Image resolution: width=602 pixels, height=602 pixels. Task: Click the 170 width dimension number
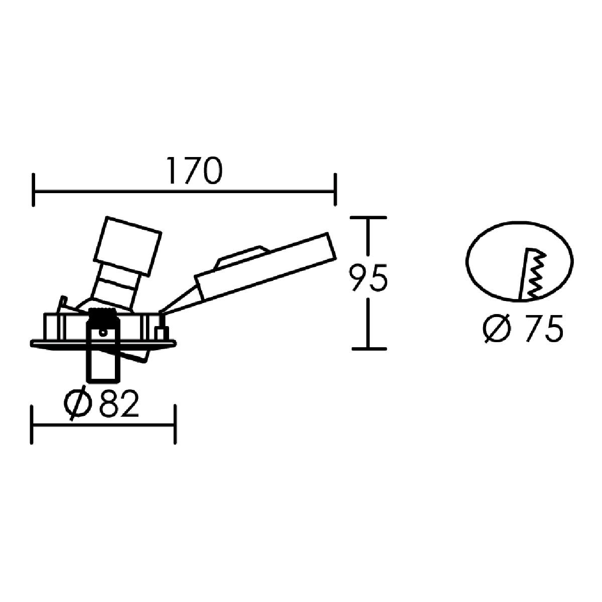(x=194, y=171)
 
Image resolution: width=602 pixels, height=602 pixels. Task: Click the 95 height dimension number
(x=369, y=278)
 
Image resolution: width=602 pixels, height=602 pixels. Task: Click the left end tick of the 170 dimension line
(x=33, y=190)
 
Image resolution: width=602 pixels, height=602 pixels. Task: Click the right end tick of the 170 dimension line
(x=335, y=190)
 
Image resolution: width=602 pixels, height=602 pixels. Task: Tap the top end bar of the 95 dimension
(x=368, y=217)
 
